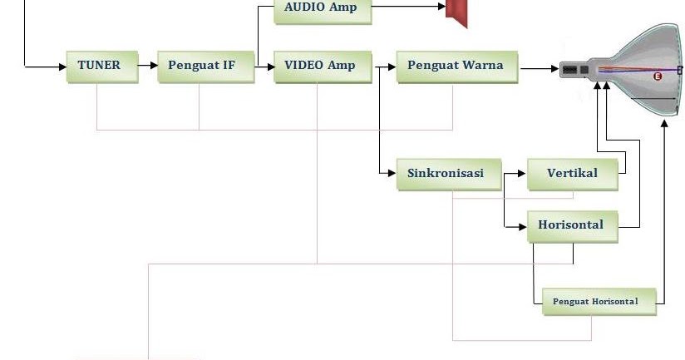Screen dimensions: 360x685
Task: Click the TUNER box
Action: tap(99, 65)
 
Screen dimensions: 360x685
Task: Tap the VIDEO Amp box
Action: tap(320, 65)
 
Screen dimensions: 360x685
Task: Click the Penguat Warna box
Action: tap(455, 65)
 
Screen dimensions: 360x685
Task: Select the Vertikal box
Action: tap(572, 174)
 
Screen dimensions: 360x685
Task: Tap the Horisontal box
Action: tap(571, 225)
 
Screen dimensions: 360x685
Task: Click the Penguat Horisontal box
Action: tap(595, 301)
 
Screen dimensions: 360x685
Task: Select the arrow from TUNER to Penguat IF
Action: tap(147, 65)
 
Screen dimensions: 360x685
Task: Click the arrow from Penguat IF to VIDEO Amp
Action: tap(264, 65)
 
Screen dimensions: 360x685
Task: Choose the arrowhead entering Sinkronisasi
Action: tap(391, 174)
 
